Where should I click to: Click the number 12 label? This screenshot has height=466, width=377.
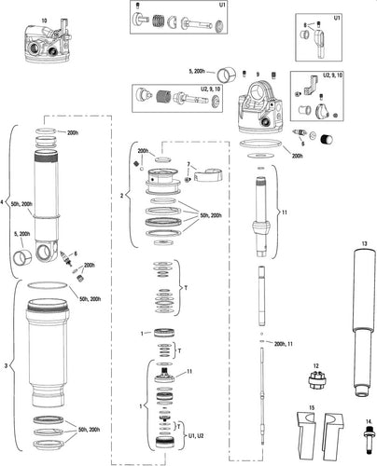point(316,365)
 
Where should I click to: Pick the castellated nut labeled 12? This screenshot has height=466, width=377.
point(317,383)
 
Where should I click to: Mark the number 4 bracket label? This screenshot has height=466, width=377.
point(5,200)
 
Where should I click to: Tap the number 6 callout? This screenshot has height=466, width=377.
point(76,254)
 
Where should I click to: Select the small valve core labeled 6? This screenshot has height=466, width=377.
point(64,254)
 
